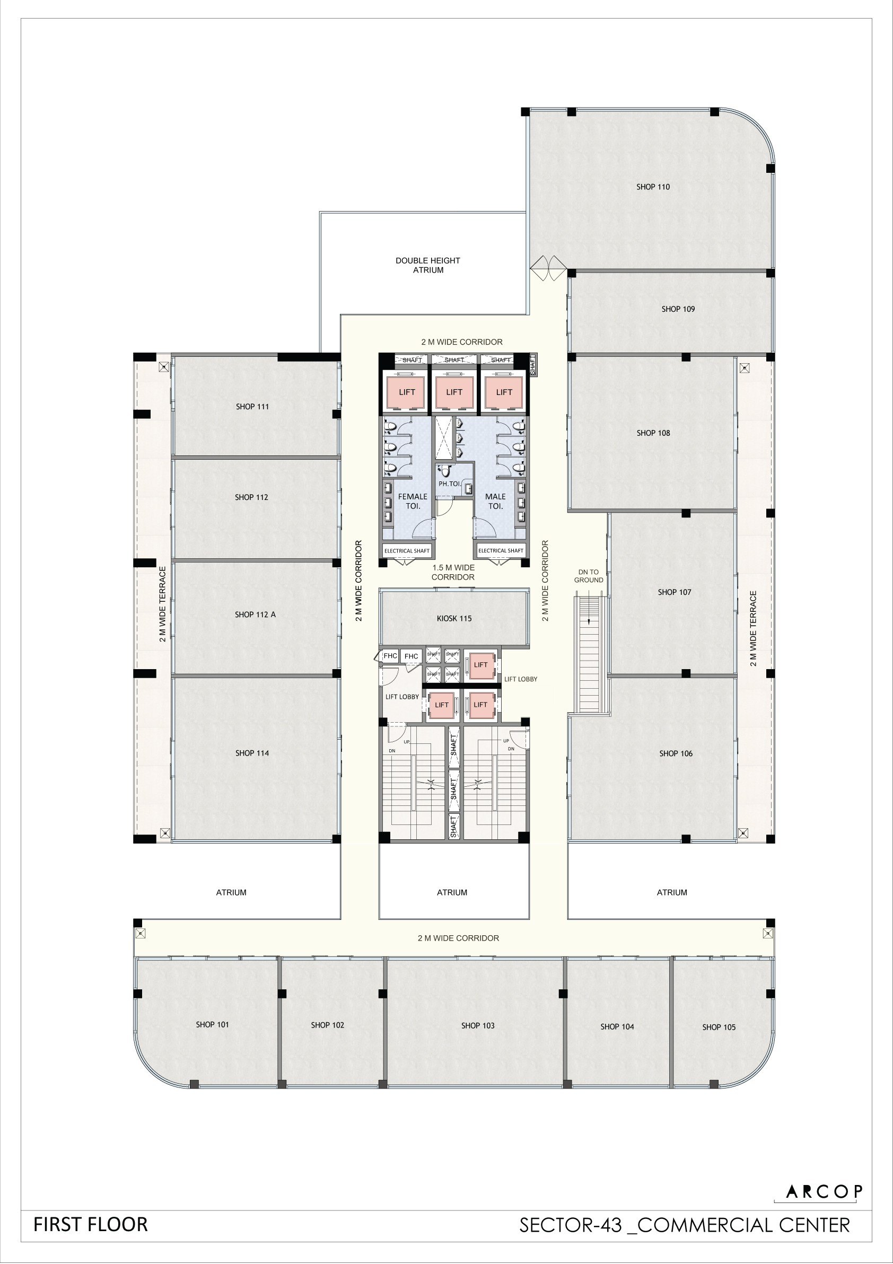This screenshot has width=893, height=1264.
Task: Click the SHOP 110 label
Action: (x=653, y=187)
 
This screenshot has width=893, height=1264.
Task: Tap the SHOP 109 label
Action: (x=678, y=310)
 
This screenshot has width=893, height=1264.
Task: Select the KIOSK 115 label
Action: (x=454, y=618)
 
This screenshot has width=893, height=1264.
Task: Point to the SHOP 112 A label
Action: (x=255, y=615)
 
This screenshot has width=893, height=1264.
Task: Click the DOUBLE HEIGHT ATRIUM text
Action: (x=428, y=265)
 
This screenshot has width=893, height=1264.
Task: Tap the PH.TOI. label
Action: (x=450, y=484)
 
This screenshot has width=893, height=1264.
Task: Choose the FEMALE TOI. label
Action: (x=413, y=501)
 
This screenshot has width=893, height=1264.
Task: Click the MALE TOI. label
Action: (x=495, y=501)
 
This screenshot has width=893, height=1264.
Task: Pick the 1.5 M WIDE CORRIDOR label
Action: (x=453, y=573)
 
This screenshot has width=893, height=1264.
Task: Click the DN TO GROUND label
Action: (x=589, y=576)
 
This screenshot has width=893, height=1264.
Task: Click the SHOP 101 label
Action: (x=212, y=1024)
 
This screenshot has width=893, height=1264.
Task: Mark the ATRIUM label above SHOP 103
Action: (x=452, y=892)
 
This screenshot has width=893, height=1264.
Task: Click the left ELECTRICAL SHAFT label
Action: (x=407, y=550)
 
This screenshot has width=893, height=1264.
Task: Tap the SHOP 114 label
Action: (x=252, y=753)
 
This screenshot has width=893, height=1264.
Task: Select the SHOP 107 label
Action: (x=675, y=592)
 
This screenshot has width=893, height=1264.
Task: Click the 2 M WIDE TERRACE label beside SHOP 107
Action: (x=753, y=628)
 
